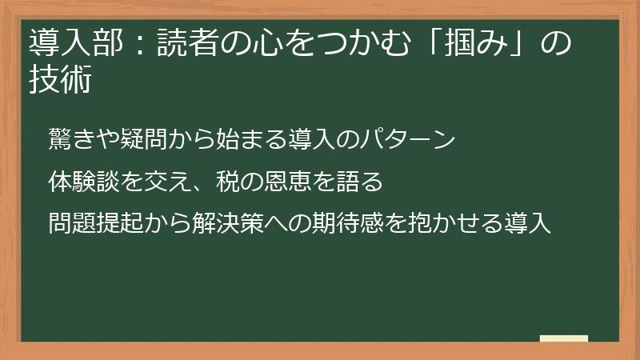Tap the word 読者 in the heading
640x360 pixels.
coord(182,42)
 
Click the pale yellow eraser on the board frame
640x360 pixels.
coord(564,338)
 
